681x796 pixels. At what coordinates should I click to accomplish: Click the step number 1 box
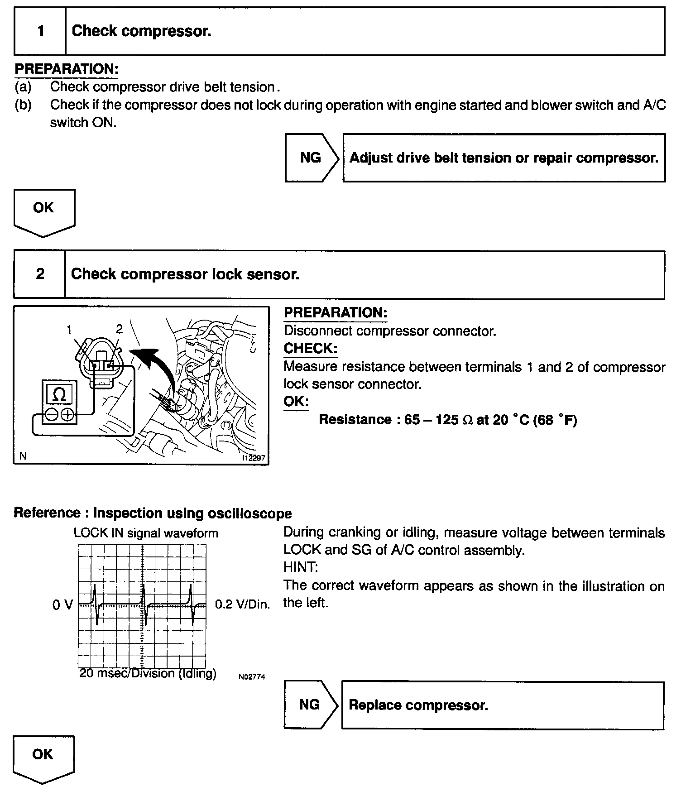tap(41, 31)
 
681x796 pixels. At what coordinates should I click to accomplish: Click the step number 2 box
tap(40, 274)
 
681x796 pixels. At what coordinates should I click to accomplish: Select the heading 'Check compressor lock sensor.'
tap(185, 274)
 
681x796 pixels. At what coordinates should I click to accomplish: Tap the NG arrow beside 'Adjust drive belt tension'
tap(312, 158)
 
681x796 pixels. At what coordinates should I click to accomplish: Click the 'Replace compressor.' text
tap(418, 705)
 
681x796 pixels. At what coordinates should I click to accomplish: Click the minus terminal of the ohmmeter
tap(51, 415)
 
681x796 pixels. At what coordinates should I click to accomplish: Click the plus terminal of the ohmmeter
tap(67, 415)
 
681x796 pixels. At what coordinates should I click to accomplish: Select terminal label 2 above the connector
tap(119, 329)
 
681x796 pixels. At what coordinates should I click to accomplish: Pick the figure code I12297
tap(254, 458)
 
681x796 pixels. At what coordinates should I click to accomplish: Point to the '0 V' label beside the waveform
tap(62, 605)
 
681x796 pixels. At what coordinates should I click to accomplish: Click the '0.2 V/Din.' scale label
tap(242, 605)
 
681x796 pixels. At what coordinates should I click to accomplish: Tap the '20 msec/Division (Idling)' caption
tap(148, 673)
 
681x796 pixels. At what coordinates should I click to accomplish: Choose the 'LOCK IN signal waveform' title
tap(146, 533)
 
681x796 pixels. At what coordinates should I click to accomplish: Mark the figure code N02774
tap(251, 677)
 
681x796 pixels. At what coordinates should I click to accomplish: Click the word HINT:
tap(301, 567)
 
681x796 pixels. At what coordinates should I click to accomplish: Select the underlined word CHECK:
tap(311, 348)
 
